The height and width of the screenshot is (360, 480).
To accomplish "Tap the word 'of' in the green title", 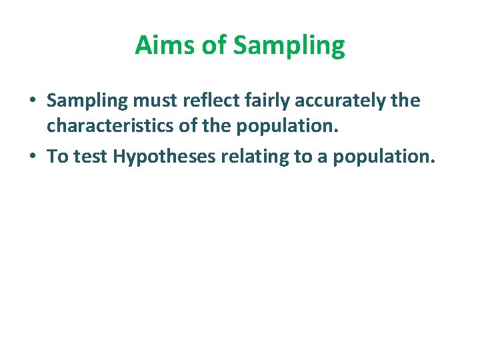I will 215,46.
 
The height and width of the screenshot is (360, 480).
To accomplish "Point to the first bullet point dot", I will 32,101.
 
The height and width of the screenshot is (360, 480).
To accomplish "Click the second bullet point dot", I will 32,157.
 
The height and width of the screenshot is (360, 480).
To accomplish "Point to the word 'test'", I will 91,157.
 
